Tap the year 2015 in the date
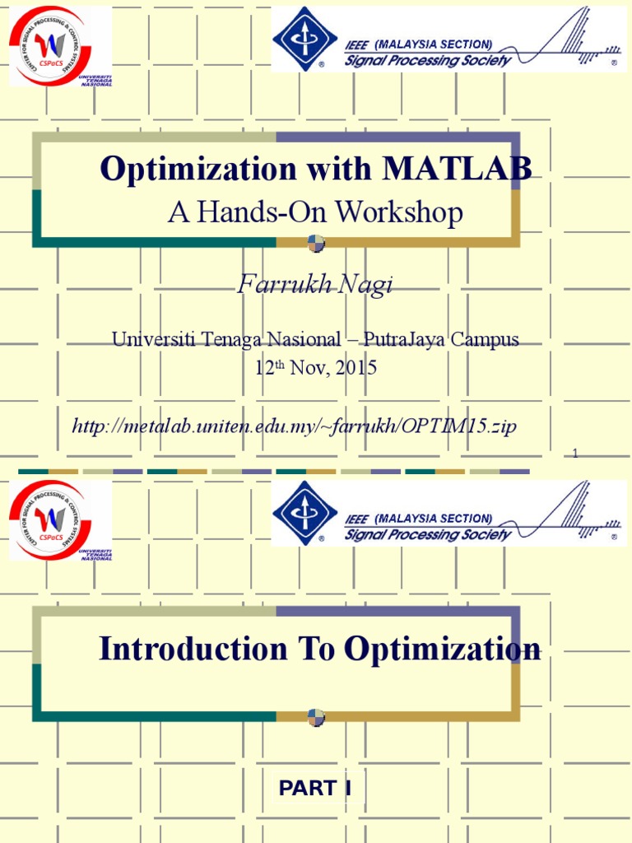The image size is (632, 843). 355,368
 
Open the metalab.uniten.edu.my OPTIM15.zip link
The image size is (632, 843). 295,426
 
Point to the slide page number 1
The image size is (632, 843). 575,454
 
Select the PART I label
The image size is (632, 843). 315,789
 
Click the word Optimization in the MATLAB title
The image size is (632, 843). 197,169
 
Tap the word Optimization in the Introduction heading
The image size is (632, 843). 443,649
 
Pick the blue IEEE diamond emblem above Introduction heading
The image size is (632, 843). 304,513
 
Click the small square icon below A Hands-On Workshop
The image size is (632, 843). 316,243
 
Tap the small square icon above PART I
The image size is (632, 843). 316,717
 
